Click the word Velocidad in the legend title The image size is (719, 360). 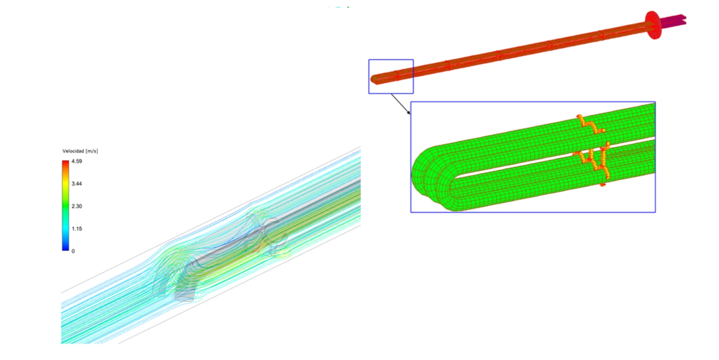[x=73, y=151]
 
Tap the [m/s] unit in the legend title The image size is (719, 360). [x=92, y=151]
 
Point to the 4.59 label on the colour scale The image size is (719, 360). [x=77, y=161]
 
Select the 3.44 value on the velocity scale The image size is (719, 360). [x=77, y=184]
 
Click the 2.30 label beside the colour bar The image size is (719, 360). [x=77, y=206]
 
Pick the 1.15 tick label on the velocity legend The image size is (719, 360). [x=77, y=228]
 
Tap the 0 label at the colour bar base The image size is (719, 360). [x=73, y=251]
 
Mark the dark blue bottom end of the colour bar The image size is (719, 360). [x=66, y=248]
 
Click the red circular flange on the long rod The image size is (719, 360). [x=653, y=25]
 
